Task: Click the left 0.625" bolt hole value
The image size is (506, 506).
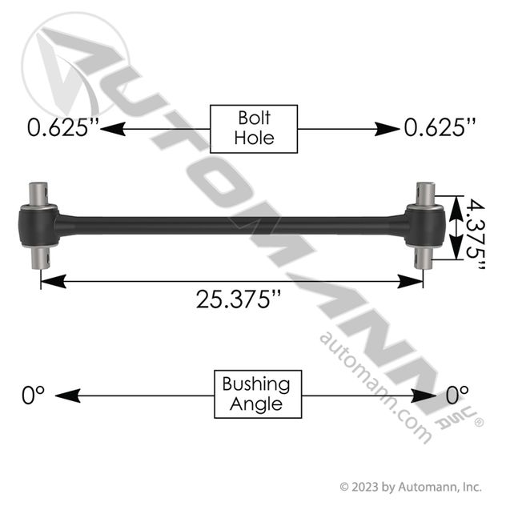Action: (x=62, y=128)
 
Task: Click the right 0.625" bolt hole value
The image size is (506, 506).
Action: (x=440, y=128)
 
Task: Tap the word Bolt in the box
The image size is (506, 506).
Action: (x=254, y=118)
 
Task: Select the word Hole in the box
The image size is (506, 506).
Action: (x=254, y=138)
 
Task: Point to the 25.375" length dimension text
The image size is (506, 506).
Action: (x=239, y=299)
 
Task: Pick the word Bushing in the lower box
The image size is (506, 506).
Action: (x=256, y=384)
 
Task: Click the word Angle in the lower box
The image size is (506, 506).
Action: (x=256, y=404)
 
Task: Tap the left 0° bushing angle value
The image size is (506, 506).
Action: (x=33, y=395)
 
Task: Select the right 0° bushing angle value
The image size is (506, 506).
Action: (x=457, y=395)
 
